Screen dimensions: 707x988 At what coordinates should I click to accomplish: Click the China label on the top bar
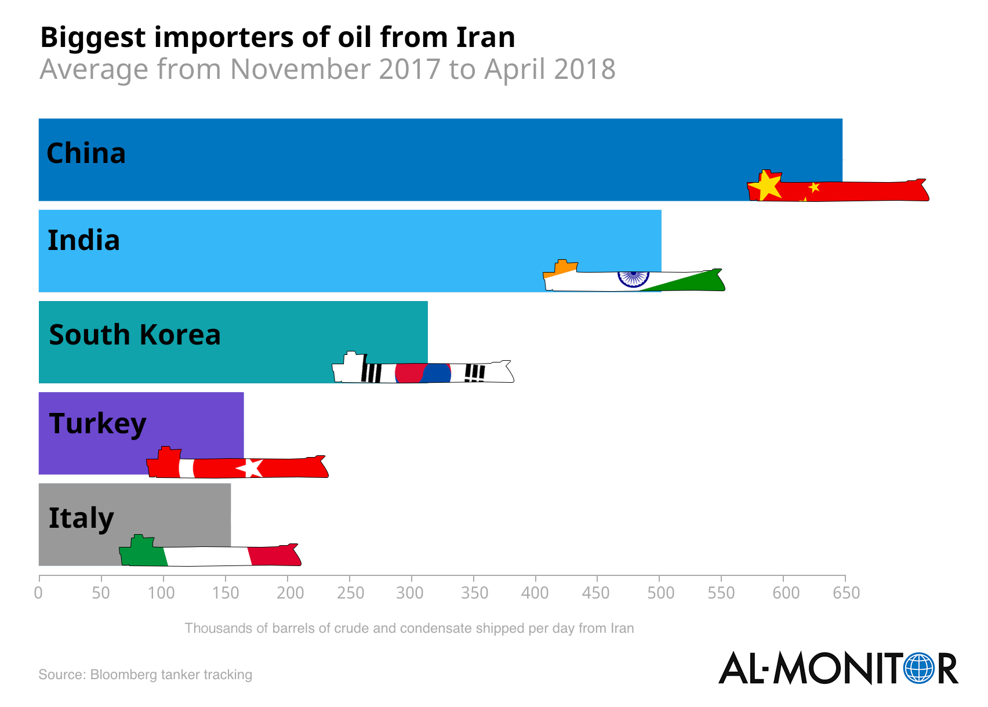[86, 154]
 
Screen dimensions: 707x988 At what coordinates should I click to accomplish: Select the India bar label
[83, 241]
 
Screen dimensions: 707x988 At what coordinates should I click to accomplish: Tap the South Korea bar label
[135, 335]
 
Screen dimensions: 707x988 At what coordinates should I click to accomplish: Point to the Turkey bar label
[97, 424]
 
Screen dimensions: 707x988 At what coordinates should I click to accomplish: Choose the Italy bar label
[81, 518]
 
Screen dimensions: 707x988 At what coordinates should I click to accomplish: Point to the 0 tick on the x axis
[39, 593]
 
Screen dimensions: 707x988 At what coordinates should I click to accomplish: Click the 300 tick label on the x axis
[411, 593]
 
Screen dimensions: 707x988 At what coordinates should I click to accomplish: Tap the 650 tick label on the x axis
[845, 593]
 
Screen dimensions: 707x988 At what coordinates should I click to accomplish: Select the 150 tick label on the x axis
[225, 593]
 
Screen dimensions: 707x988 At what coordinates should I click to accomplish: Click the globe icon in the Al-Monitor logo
[919, 668]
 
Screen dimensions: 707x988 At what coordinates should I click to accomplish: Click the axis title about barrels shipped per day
[409, 628]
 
